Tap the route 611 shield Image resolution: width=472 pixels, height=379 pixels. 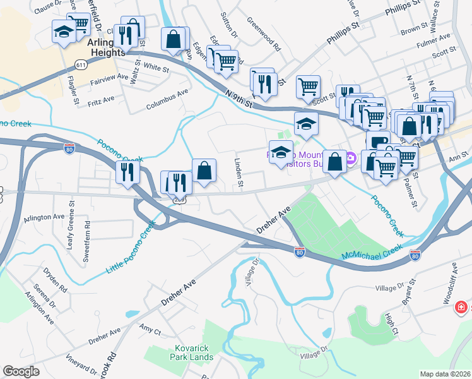(80, 65)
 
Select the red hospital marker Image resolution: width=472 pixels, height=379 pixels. (463, 308)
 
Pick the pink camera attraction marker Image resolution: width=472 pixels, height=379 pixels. (351, 158)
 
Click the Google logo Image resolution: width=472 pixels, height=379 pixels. (21, 371)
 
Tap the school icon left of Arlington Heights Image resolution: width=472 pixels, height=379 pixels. (63, 33)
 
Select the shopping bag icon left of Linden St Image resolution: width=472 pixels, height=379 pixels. (204, 170)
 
